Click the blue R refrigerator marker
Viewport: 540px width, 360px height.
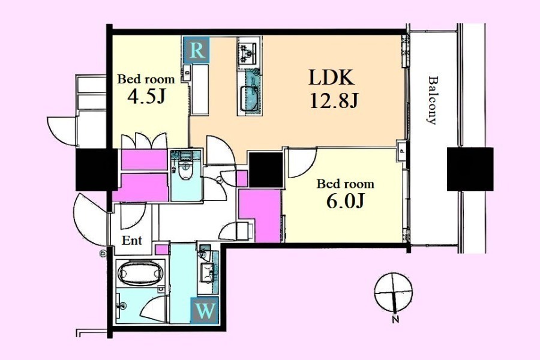(196, 50)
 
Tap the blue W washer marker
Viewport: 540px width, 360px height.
(205, 311)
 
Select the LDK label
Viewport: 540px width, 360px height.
(331, 78)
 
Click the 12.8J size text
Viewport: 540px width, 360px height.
(334, 101)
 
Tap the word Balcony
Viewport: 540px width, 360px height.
(432, 100)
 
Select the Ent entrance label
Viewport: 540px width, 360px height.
(132, 240)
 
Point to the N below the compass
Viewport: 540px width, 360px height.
(396, 319)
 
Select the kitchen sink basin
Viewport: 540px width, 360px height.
(250, 98)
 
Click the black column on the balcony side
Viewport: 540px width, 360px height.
(470, 169)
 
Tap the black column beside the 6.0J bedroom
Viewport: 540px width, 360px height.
(266, 169)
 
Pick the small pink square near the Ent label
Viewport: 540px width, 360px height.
(161, 250)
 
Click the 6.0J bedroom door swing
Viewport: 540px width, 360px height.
(302, 163)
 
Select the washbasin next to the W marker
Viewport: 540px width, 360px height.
(208, 268)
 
